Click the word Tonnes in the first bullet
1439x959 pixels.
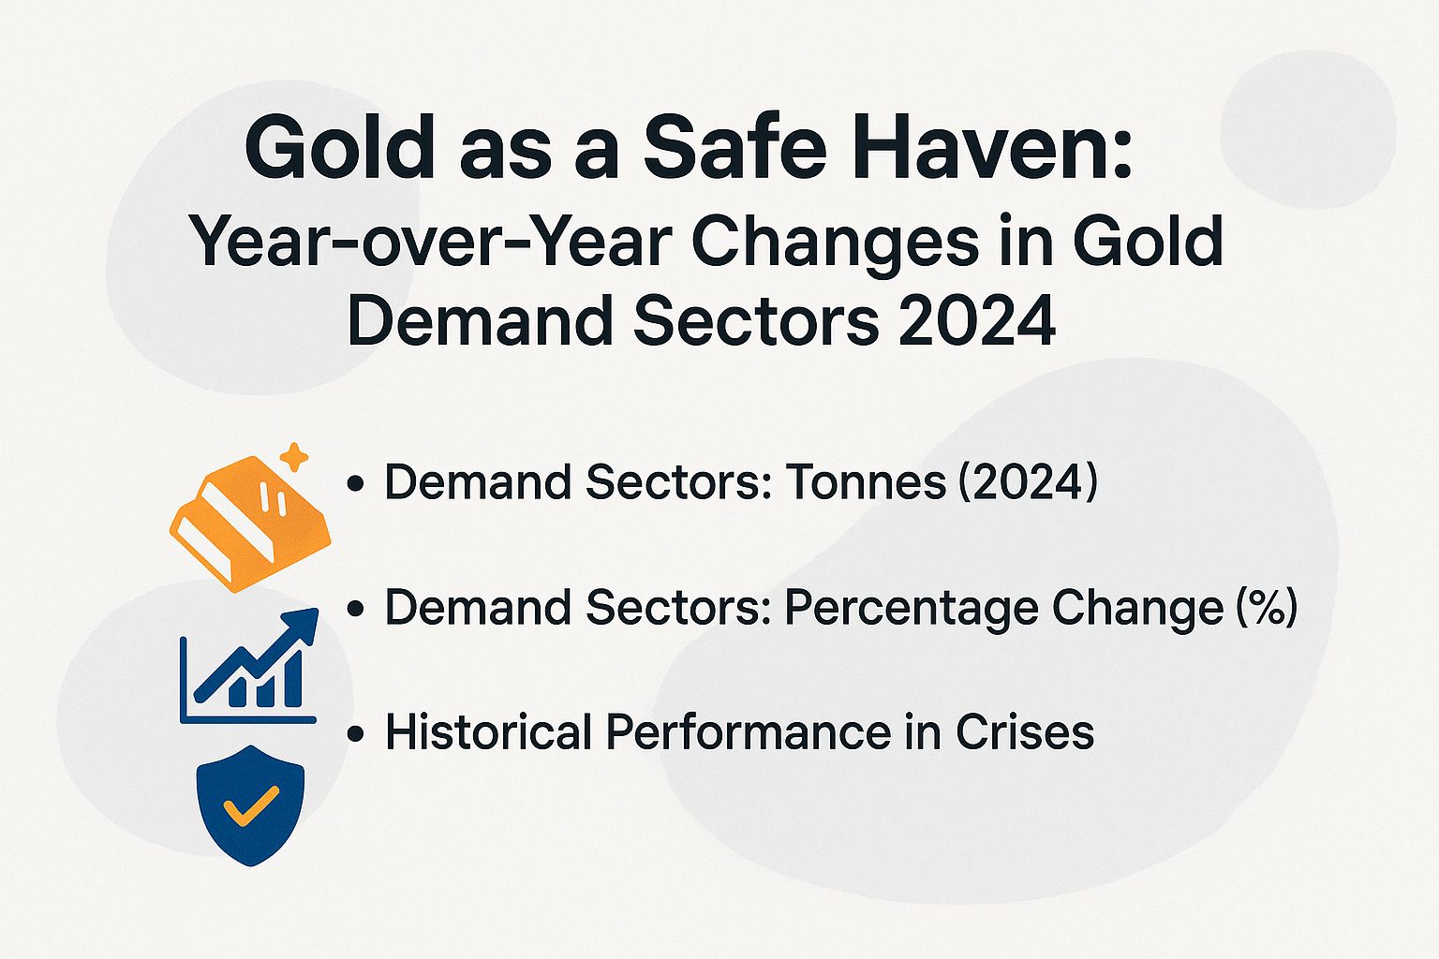pyautogui.click(x=853, y=483)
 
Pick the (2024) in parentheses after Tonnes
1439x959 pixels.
pyautogui.click(x=1027, y=483)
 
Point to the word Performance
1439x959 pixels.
pyautogui.click(x=749, y=731)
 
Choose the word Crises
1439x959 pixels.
pyautogui.click(x=1025, y=731)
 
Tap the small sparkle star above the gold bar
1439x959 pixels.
pyautogui.click(x=295, y=458)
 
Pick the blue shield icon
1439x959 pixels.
pyautogui.click(x=251, y=804)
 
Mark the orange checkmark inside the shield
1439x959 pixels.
pyautogui.click(x=250, y=804)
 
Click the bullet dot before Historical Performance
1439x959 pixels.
pyautogui.click(x=355, y=733)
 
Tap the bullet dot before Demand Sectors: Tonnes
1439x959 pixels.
pyautogui.click(x=355, y=485)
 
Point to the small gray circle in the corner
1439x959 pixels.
pyautogui.click(x=1308, y=129)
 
